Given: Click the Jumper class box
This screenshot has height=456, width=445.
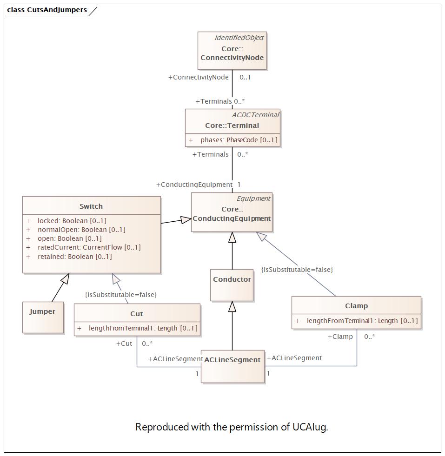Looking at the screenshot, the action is pyautogui.click(x=43, y=317).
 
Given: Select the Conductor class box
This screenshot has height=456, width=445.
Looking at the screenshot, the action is pyautogui.click(x=232, y=285).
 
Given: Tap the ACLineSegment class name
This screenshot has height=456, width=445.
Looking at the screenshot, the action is pyautogui.click(x=232, y=360).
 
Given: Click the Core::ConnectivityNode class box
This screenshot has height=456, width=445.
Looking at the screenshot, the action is pyautogui.click(x=232, y=51).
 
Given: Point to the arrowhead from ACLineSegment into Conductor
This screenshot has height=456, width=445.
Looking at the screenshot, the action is pyautogui.click(x=232, y=306).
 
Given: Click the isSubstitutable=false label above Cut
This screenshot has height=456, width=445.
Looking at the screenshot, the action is pyautogui.click(x=121, y=295).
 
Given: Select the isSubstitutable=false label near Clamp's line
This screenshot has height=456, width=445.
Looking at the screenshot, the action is pyautogui.click(x=297, y=270).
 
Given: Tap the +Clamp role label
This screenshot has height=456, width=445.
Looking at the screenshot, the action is pyautogui.click(x=340, y=337).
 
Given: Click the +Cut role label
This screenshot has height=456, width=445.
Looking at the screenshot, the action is pyautogui.click(x=124, y=344).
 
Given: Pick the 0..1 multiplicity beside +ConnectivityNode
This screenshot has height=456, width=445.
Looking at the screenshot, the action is pyautogui.click(x=245, y=77).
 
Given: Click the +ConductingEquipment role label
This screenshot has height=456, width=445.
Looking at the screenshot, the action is pyautogui.click(x=194, y=185).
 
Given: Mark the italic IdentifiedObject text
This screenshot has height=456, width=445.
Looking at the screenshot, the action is pyautogui.click(x=239, y=38).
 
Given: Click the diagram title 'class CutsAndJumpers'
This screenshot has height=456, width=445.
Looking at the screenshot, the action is pyautogui.click(x=47, y=10).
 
